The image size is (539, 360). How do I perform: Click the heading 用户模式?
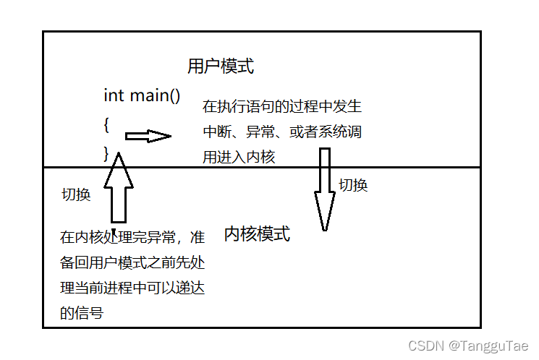click(x=221, y=67)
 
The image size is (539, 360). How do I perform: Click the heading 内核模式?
click(x=257, y=234)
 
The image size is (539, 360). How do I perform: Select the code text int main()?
click(x=142, y=95)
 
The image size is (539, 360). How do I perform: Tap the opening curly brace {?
click(x=106, y=124)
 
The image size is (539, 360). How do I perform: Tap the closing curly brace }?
click(x=106, y=153)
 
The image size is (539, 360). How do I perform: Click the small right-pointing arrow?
click(x=148, y=136)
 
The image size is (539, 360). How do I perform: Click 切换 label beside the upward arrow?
click(x=76, y=194)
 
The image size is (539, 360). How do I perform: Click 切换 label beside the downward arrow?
click(x=354, y=185)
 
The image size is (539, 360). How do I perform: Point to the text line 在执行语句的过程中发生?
click(x=281, y=107)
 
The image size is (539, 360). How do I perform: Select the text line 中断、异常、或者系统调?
click(x=281, y=132)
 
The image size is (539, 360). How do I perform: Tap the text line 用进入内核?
click(x=239, y=157)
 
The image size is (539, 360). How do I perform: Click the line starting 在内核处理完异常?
click(x=132, y=238)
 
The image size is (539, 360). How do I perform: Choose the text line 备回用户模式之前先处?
click(x=132, y=263)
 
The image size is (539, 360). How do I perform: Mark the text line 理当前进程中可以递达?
click(x=132, y=288)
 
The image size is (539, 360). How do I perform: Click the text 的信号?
click(x=81, y=313)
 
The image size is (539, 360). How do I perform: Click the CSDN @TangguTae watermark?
click(x=469, y=346)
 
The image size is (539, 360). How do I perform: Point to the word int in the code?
click(x=114, y=95)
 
